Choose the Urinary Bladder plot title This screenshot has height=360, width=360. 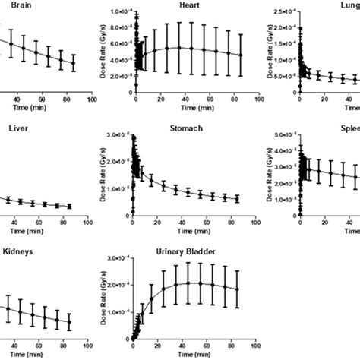pyautogui.click(x=183, y=250)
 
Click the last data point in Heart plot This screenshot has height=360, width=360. pyautogui.click(x=241, y=55)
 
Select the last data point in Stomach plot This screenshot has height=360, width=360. pyautogui.click(x=238, y=199)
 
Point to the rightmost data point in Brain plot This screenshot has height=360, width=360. pyautogui.click(x=74, y=64)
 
